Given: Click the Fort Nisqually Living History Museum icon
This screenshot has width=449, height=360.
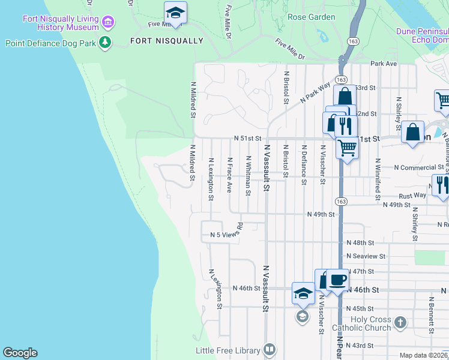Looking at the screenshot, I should coord(108,23).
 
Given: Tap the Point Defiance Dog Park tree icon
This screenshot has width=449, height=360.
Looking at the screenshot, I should coord(106,43).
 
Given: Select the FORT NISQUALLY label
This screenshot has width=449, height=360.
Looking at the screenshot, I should coord(167,41).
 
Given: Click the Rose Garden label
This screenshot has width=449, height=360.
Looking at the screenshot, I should coord(312,17).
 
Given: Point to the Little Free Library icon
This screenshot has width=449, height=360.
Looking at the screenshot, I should coord(270,350).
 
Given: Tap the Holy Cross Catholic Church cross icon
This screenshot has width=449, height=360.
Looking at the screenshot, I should coord(400,323).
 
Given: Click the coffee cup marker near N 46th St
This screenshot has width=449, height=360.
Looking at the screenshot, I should coord(337,279).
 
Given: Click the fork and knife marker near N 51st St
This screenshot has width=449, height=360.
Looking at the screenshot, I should coord(345,125).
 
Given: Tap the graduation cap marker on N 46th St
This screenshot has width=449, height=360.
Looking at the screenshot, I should coord(303,293).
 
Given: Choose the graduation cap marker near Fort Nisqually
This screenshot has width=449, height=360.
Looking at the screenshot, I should coord(175,12).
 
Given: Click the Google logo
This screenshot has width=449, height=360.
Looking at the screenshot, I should coord(20,353).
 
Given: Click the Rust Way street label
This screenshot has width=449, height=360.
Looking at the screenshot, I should coord(412,196).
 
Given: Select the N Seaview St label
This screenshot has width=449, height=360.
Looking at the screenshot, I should coord(366,256).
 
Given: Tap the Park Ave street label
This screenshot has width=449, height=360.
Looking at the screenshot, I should coord(384,63).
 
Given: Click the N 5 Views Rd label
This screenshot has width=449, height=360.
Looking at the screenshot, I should coord(225,234).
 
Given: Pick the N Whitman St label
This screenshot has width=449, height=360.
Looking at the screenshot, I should coord(247,175).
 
